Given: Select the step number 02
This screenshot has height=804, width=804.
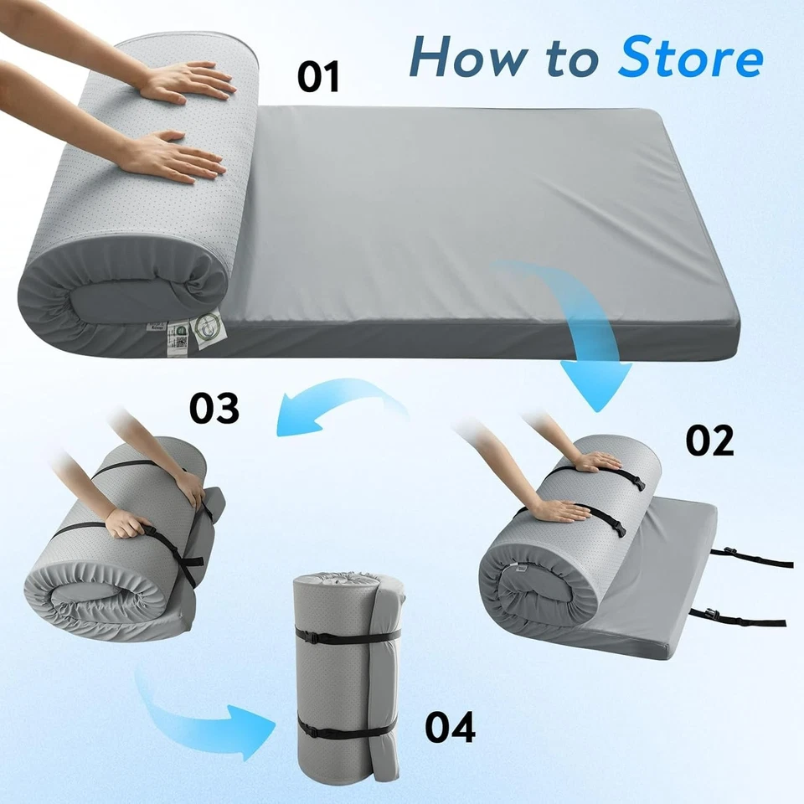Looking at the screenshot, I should click(709, 440).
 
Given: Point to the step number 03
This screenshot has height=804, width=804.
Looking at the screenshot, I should click(214, 408).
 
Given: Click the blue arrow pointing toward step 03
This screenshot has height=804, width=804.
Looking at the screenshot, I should click(335, 406).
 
